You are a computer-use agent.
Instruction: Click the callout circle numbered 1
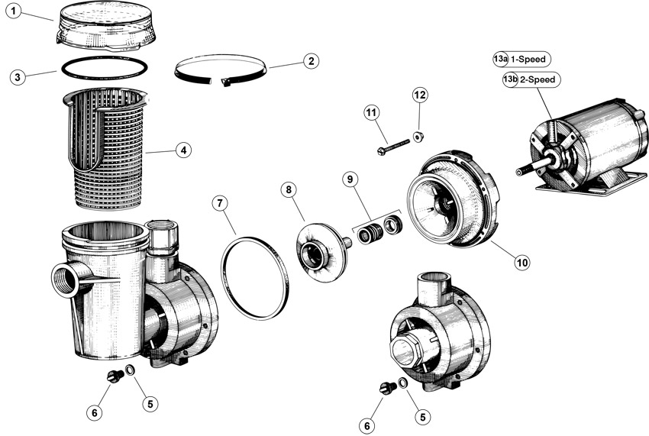pos(14,11)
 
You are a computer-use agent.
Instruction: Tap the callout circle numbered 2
pos(311,61)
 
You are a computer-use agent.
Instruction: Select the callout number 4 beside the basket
pos(183,150)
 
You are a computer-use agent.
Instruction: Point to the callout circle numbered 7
pos(220,203)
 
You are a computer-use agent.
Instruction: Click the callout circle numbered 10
pos(522,262)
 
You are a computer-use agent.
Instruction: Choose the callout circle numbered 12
pos(420,95)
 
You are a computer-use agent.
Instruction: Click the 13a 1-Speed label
pos(521,60)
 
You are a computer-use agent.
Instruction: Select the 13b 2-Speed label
pos(531,79)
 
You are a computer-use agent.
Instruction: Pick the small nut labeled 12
pos(418,136)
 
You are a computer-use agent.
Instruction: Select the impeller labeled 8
pos(323,252)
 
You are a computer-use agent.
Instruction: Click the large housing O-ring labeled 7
pos(255,278)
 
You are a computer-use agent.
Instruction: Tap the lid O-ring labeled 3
pos(105,67)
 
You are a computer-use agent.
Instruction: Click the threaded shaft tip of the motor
pos(525,169)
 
